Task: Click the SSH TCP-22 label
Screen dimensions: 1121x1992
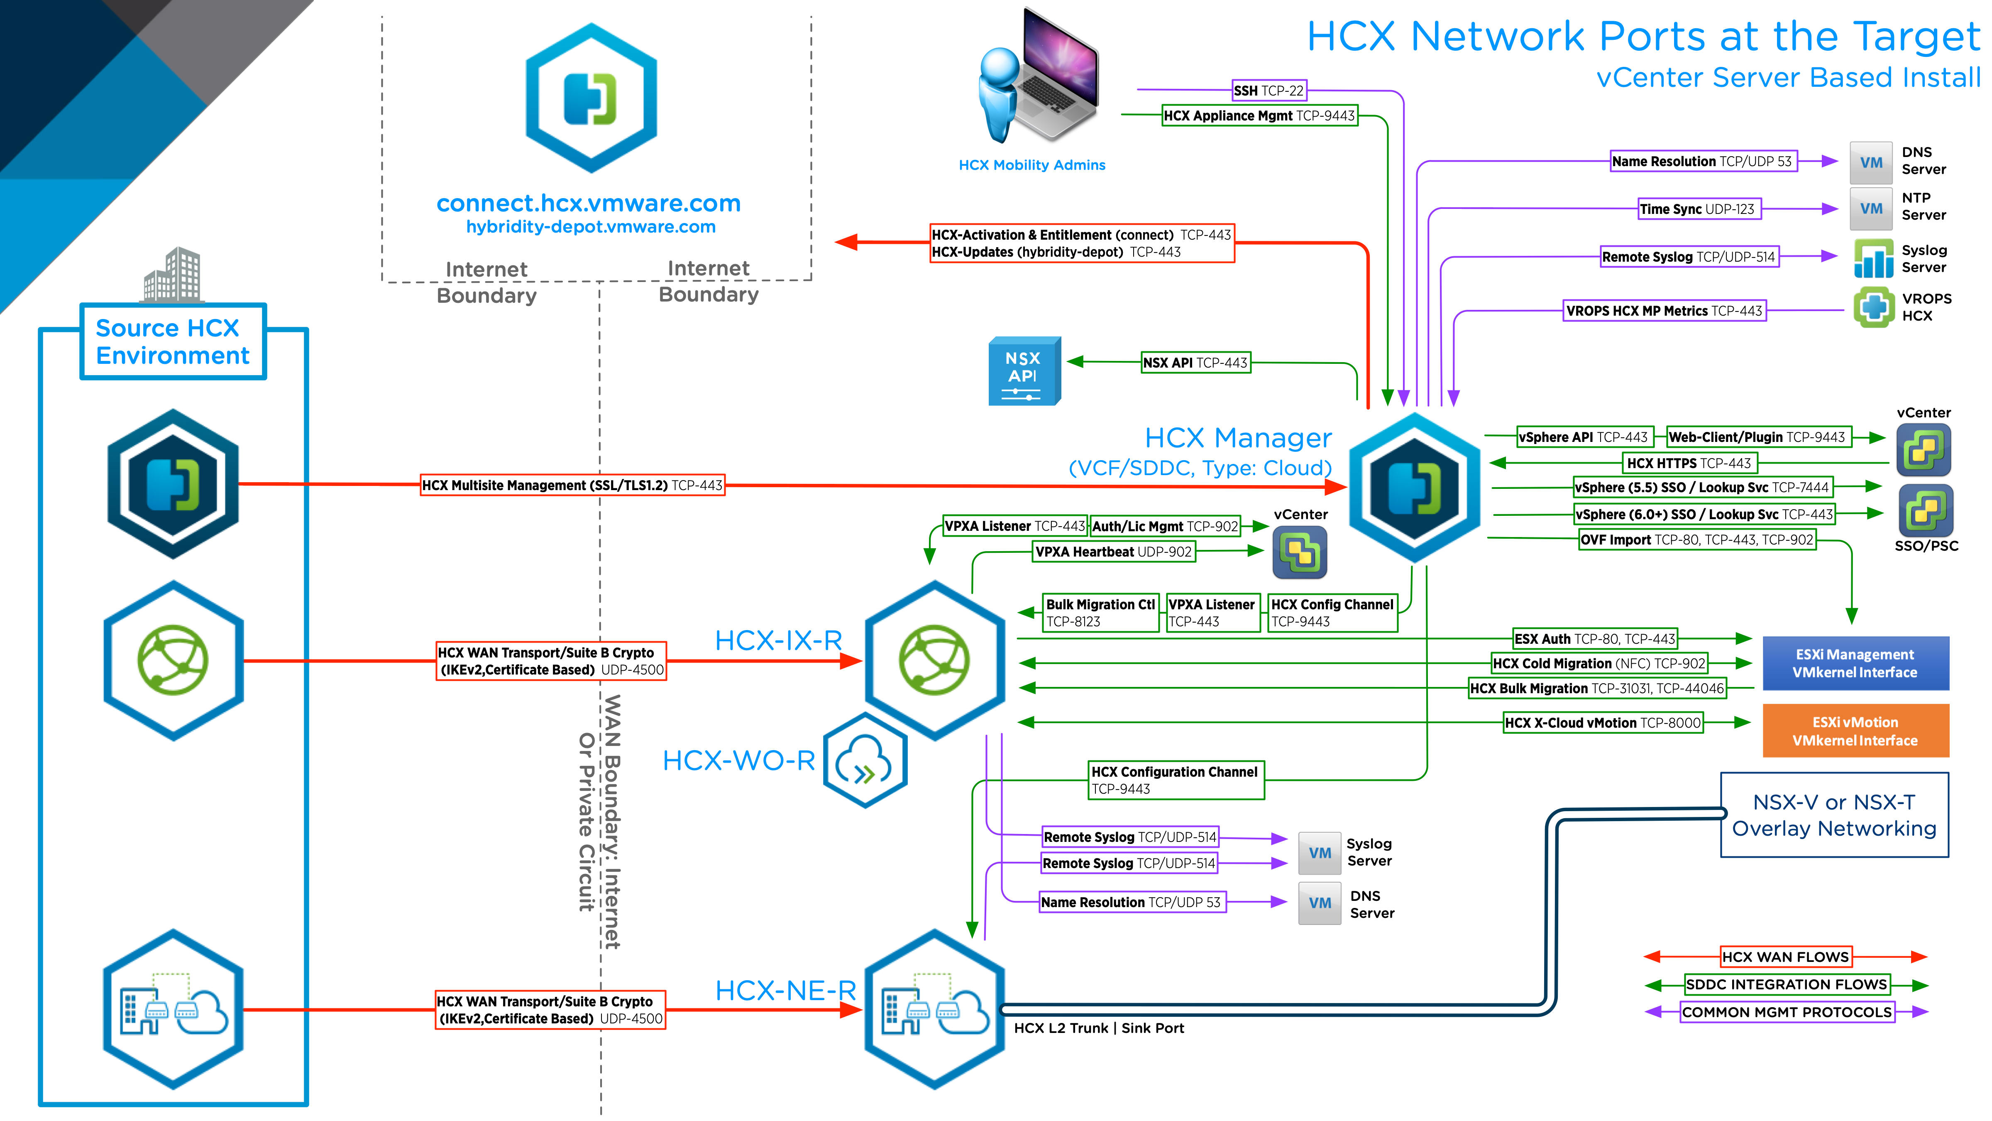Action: click(1268, 91)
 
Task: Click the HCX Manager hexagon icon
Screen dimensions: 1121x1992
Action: click(1414, 487)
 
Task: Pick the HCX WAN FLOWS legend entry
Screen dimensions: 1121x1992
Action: click(1785, 957)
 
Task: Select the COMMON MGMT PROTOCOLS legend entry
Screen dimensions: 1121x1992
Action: click(1786, 1012)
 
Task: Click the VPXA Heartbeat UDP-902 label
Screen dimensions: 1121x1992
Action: click(1114, 552)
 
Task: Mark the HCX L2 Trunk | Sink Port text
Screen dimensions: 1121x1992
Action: click(1098, 1028)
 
